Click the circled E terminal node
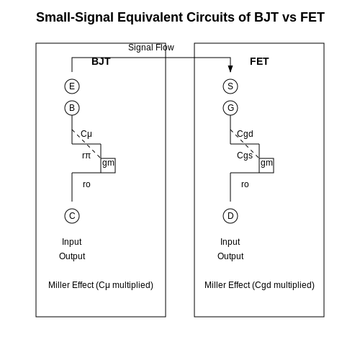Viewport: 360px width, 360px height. click(72, 86)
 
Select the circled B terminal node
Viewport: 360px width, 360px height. click(72, 108)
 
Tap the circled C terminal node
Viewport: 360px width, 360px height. click(72, 216)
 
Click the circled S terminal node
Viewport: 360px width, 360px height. click(230, 86)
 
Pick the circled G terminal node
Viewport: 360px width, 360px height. click(230, 108)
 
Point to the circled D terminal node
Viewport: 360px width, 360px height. click(230, 216)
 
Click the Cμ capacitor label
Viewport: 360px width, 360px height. click(86, 134)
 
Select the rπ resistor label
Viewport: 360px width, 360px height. click(86, 156)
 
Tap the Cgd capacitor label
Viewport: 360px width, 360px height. click(245, 134)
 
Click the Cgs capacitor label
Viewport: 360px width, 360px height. click(245, 156)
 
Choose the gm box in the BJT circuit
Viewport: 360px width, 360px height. click(108, 166)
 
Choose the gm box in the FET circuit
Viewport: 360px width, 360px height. click(266, 166)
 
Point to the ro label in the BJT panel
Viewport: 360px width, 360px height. click(86, 184)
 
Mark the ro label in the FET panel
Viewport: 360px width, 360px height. click(245, 184)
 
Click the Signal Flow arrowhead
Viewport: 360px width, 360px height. click(230, 68)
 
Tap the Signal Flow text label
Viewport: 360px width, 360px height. click(151, 48)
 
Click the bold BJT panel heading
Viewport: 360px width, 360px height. click(101, 61)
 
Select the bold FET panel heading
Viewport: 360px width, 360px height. click(259, 61)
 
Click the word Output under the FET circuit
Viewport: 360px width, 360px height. click(230, 256)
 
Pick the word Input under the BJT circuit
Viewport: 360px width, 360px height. click(72, 242)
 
